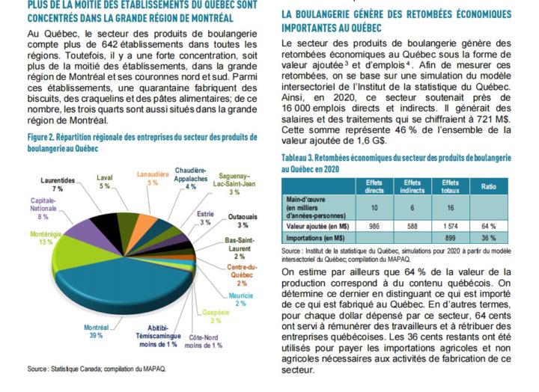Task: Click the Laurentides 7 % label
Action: (x=58, y=185)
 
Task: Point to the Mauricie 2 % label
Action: (x=240, y=299)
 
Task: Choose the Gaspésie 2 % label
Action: (x=216, y=316)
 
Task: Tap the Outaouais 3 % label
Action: (x=243, y=221)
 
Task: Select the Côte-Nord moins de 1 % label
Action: (x=204, y=341)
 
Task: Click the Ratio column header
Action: (x=488, y=186)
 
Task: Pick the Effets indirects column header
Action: (x=412, y=186)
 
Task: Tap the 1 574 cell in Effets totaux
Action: (x=451, y=226)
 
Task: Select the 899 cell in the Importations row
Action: (x=451, y=238)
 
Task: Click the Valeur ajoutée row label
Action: (x=317, y=226)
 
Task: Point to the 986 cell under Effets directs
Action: (x=374, y=226)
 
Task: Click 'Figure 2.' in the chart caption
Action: (x=40, y=138)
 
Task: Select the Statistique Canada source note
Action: (x=97, y=369)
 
